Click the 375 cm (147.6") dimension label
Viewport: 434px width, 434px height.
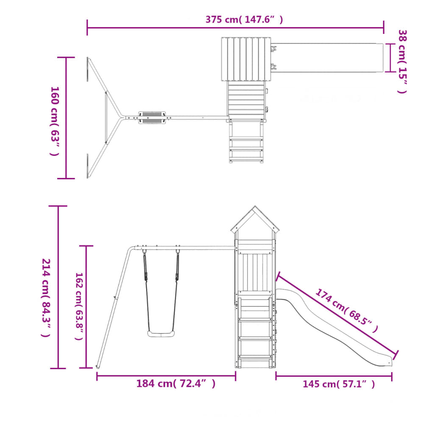point(244,19)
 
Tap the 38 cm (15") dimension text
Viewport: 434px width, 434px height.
point(402,61)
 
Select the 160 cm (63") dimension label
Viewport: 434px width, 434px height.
point(55,121)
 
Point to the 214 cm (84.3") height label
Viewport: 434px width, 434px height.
point(46,298)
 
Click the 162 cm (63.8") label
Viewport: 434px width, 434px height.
point(79,306)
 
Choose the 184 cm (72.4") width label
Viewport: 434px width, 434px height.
point(176,384)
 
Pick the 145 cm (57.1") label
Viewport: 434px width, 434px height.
point(339,384)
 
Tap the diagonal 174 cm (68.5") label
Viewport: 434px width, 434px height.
point(347,310)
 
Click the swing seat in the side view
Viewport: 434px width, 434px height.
point(161,334)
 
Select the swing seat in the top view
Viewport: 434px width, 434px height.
point(152,118)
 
